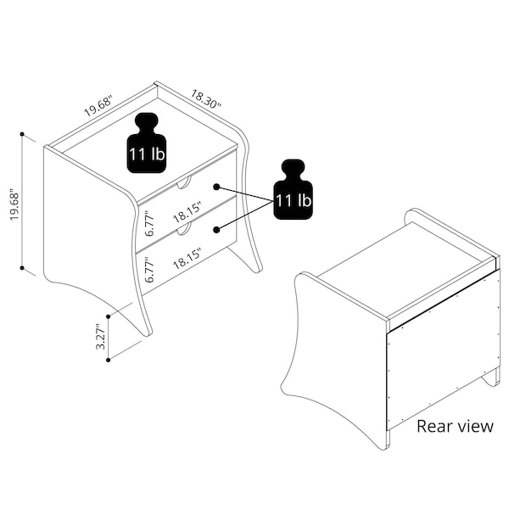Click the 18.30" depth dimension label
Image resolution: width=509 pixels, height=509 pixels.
click(206, 98)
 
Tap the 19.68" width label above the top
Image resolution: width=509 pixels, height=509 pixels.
click(98, 106)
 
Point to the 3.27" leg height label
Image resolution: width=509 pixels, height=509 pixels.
click(101, 337)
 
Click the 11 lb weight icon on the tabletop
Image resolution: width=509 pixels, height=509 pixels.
click(147, 143)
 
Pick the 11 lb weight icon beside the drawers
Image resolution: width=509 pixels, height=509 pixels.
click(294, 189)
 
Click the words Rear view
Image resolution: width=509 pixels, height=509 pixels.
click(455, 426)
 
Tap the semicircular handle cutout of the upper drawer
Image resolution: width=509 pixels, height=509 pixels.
click(185, 184)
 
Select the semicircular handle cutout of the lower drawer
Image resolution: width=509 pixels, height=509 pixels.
click(185, 230)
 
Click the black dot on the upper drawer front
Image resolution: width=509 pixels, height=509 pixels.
click(217, 187)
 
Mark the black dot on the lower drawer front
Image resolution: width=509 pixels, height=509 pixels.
click(217, 230)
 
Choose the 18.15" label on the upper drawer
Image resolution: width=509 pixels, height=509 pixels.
click(187, 213)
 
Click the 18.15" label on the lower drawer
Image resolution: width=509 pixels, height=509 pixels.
click(187, 259)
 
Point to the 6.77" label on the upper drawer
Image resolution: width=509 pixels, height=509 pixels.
click(149, 224)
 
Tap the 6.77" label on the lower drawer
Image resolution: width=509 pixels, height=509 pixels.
click(149, 270)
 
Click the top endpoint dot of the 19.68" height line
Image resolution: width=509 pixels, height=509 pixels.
click(22, 134)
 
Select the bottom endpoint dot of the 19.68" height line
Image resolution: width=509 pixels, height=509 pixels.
click(22, 268)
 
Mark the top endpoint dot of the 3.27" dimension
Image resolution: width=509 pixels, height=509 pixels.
click(109, 316)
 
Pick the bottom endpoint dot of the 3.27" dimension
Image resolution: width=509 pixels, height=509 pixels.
click(109, 360)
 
